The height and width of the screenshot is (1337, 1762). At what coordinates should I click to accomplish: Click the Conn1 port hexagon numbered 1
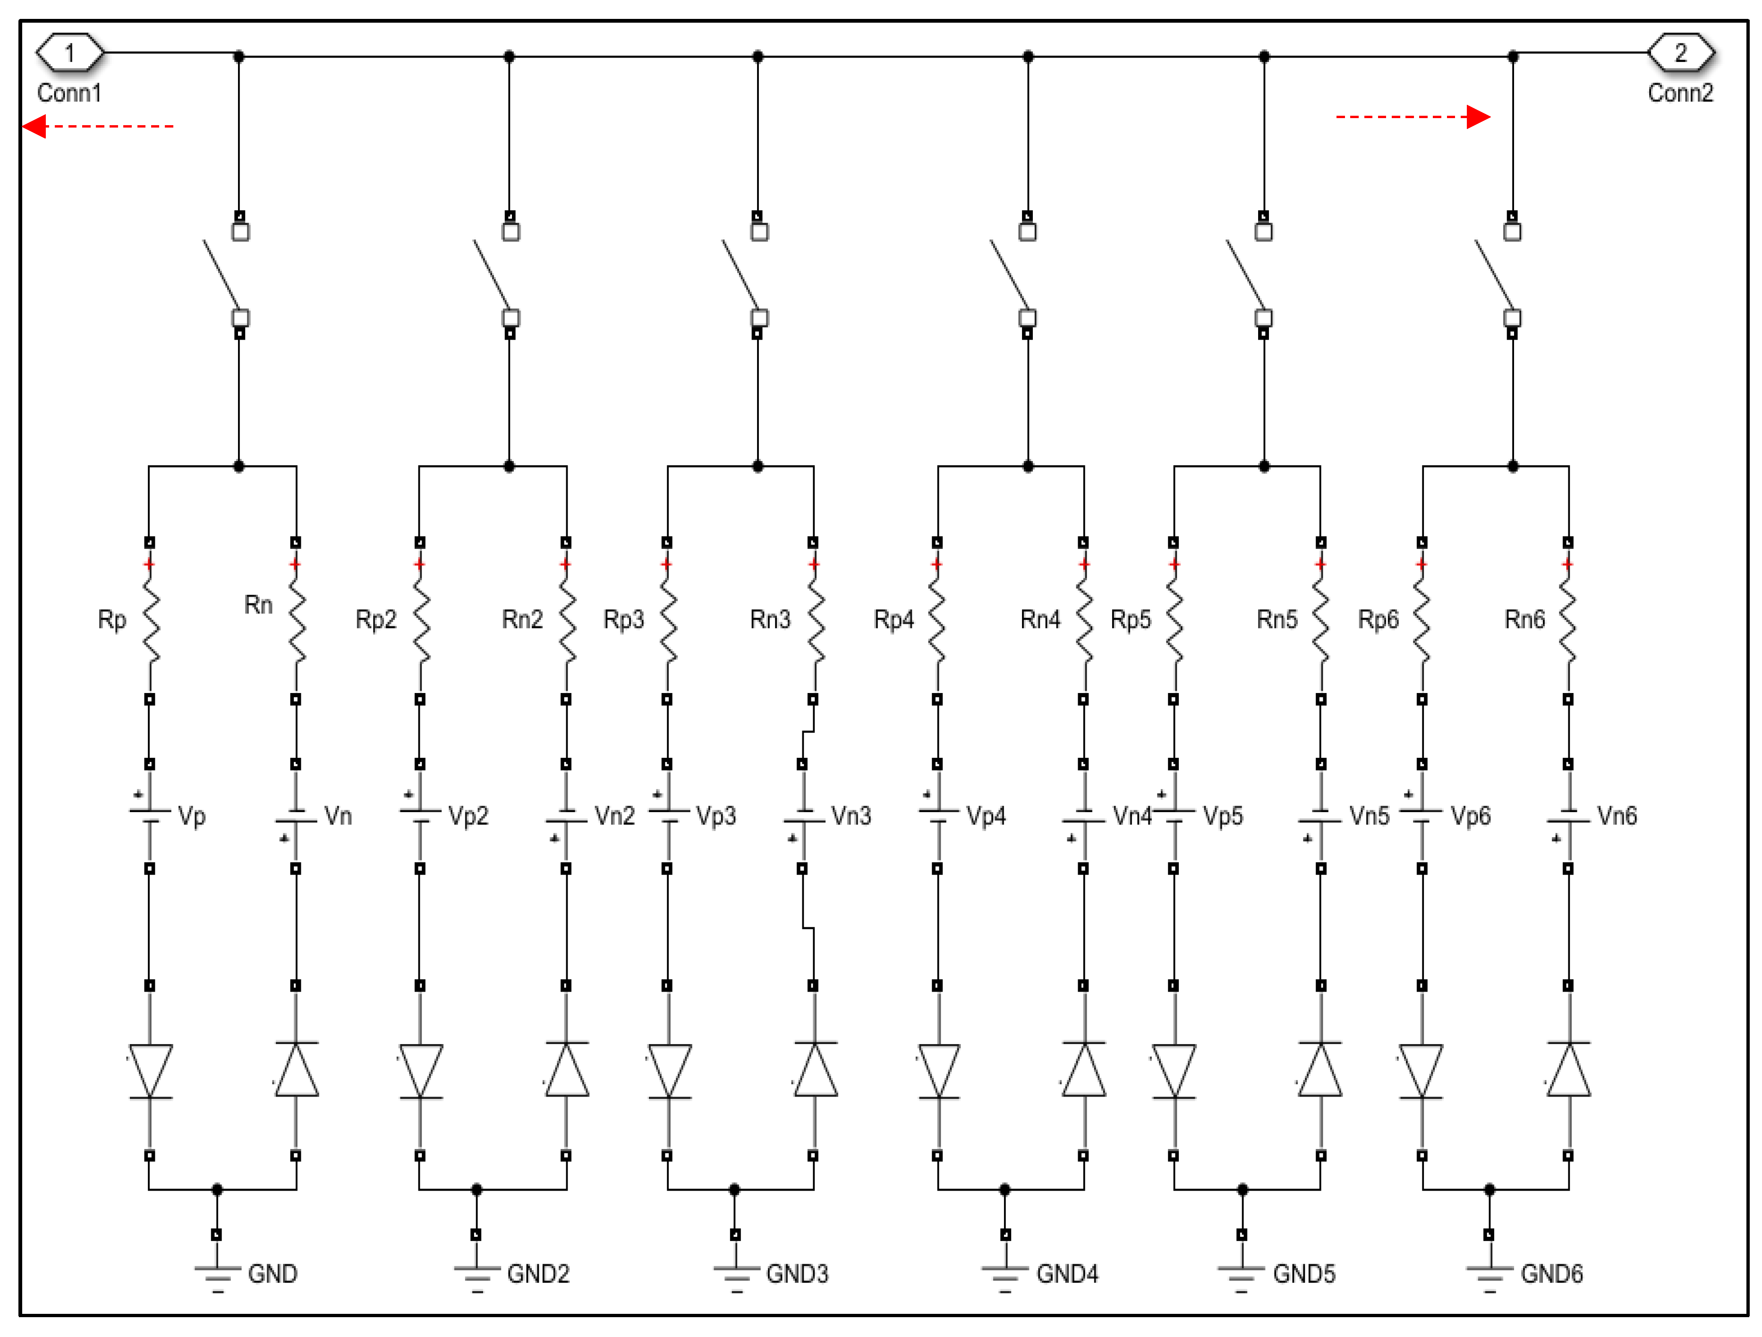point(70,53)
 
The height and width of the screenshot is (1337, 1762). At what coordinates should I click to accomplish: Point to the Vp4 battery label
point(986,816)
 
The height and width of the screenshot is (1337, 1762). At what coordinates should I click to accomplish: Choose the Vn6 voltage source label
point(1617,816)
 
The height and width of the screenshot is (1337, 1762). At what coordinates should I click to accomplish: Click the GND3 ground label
point(797,1273)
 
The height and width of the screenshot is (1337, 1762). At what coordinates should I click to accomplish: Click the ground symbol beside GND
point(217,1275)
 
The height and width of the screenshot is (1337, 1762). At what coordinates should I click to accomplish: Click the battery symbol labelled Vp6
point(1422,816)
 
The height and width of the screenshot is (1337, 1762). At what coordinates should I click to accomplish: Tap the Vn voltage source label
point(338,816)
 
